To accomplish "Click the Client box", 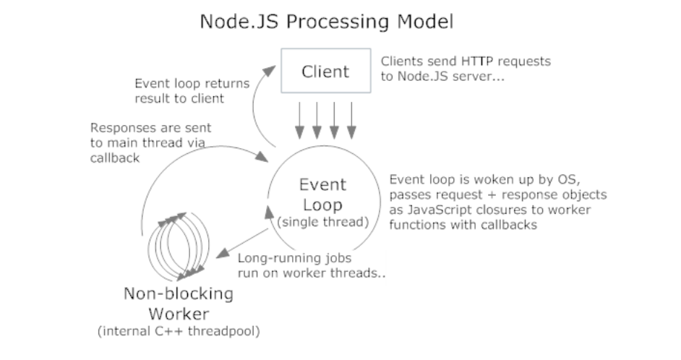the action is (326, 71).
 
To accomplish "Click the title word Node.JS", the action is (239, 21).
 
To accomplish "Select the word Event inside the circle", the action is (322, 184).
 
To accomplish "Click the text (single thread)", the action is (322, 222).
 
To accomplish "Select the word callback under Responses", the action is (115, 158).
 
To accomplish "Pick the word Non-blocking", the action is (179, 293).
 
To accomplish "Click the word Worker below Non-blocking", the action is (179, 314).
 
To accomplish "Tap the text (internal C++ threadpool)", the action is (179, 331).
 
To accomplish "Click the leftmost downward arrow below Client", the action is (299, 120).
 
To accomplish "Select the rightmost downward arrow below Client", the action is (351, 120).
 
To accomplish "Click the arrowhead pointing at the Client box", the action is (270, 71).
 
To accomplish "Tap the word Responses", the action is (119, 129).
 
